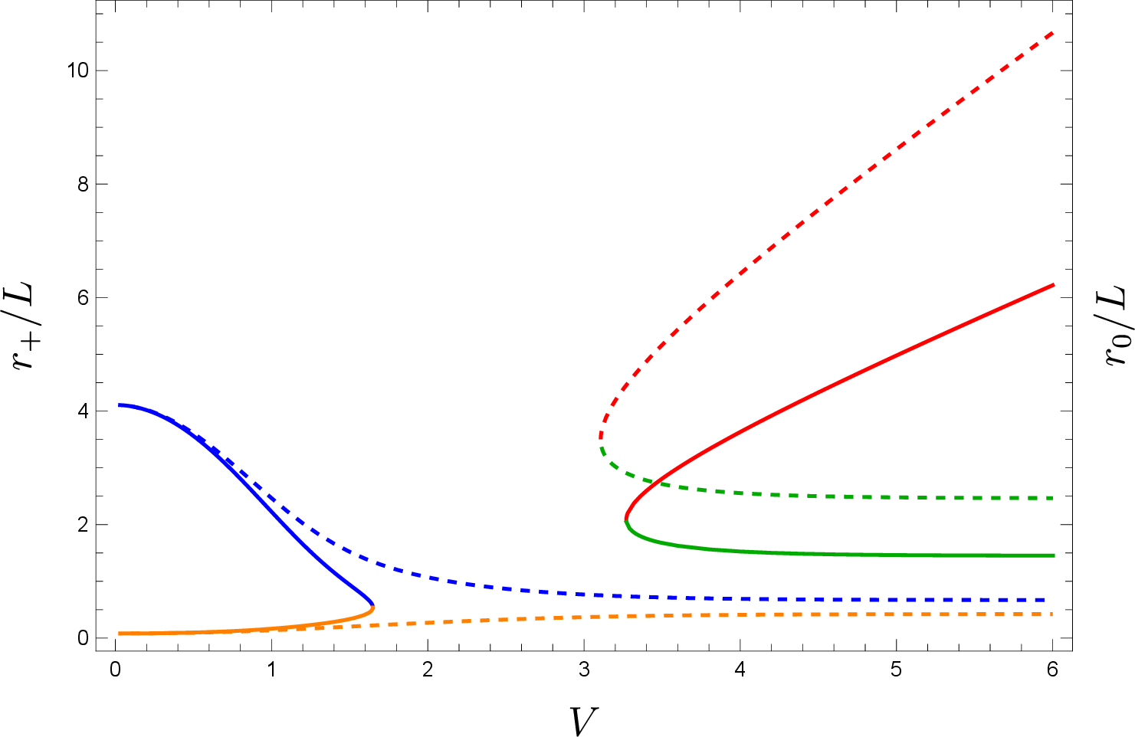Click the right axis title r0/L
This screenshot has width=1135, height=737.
(1115, 327)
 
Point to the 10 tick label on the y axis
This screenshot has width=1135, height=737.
(77, 70)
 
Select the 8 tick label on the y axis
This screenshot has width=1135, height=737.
(82, 184)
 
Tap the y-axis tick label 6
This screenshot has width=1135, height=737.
(82, 297)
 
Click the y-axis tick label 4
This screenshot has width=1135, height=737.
(82, 411)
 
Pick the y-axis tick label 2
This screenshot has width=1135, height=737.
(82, 525)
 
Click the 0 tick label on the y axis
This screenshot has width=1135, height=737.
(82, 638)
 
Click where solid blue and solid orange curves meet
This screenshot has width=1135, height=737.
(372, 606)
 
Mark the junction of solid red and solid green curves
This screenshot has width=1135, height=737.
(625, 520)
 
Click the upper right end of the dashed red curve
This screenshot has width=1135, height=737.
(1053, 33)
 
